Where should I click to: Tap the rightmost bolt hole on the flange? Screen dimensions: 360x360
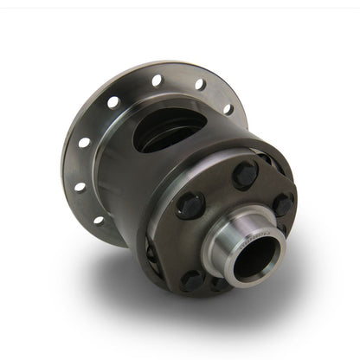click(228, 109)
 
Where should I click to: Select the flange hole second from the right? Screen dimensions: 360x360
click(201, 85)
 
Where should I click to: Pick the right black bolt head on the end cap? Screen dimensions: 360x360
click(284, 204)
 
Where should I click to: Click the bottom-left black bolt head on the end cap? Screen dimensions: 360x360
click(191, 278)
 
